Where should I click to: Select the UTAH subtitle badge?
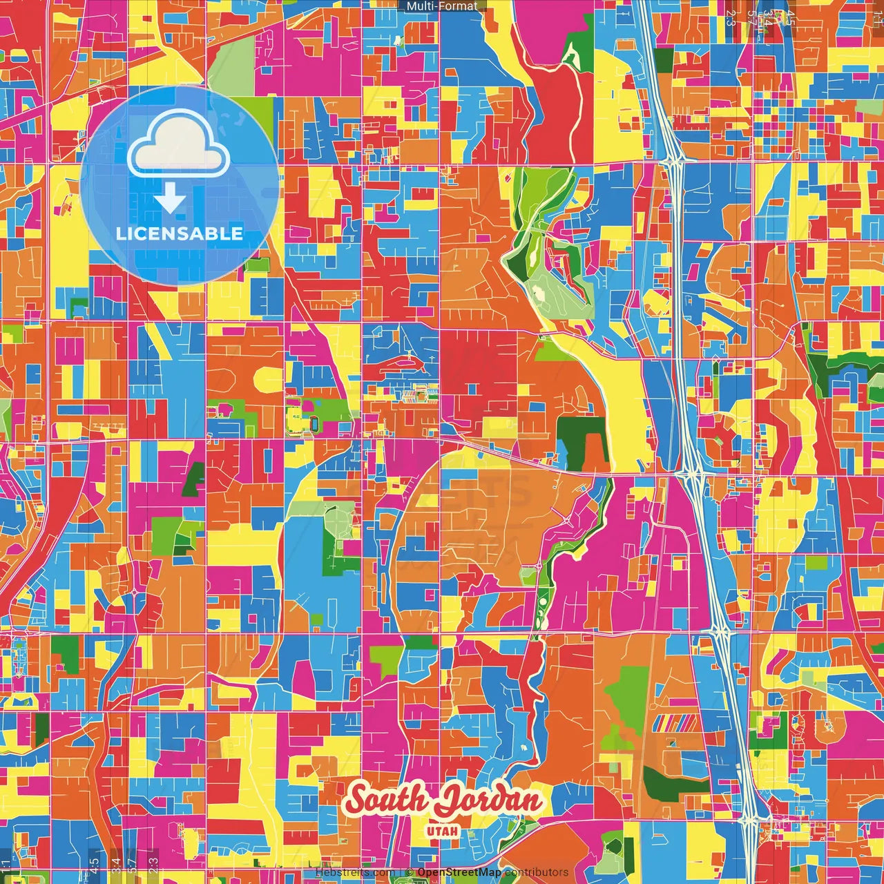(x=443, y=830)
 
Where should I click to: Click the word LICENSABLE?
(x=180, y=233)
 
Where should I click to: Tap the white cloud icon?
(x=178, y=144)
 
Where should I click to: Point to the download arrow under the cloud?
(x=170, y=199)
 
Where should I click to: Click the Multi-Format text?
(x=442, y=6)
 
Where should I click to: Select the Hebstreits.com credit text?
(x=355, y=872)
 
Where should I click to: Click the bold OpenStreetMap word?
(x=459, y=872)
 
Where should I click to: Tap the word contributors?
(x=537, y=872)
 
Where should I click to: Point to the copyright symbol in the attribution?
(x=410, y=872)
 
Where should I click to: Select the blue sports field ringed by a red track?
(x=314, y=423)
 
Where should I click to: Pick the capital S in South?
(x=357, y=801)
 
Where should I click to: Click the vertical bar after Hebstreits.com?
(x=401, y=872)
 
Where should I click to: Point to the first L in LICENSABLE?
(x=121, y=233)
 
